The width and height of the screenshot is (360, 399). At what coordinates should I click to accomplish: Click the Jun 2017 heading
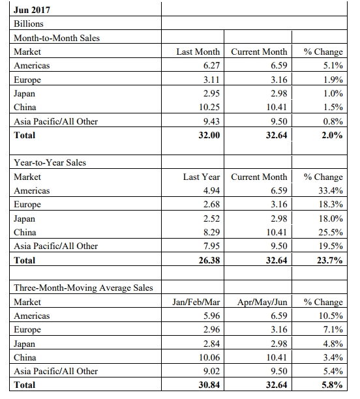click(x=32, y=10)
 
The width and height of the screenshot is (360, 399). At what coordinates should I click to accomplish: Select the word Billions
click(x=29, y=23)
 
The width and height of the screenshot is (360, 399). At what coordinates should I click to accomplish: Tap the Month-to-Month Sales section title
click(x=57, y=38)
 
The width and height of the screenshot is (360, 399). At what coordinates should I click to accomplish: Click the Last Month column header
click(x=198, y=52)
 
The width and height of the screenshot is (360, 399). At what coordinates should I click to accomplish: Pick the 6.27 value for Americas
click(x=211, y=65)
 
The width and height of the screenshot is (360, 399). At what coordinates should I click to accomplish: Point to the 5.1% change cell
click(x=333, y=65)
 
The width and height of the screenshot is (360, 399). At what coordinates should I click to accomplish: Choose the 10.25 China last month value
click(x=209, y=107)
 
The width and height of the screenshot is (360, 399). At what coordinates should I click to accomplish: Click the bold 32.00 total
click(x=209, y=135)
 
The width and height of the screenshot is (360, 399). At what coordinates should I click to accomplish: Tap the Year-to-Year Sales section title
click(x=50, y=162)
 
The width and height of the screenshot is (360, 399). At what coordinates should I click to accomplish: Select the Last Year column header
click(x=202, y=177)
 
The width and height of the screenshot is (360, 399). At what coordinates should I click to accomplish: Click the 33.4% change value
click(x=331, y=190)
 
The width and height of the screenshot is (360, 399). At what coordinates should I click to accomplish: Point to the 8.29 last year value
click(x=211, y=232)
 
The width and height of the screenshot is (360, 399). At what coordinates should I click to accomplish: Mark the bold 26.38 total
click(x=209, y=260)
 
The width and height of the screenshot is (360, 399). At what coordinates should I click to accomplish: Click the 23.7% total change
click(x=330, y=260)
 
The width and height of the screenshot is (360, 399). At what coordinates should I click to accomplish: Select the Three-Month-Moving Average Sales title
click(x=83, y=288)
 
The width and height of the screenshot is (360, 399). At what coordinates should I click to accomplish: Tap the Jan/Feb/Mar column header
click(x=196, y=302)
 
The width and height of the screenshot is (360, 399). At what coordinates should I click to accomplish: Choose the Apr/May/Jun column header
click(x=262, y=302)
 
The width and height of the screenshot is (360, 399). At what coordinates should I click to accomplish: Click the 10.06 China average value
click(x=209, y=357)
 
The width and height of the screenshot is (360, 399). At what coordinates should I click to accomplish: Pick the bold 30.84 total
click(x=209, y=385)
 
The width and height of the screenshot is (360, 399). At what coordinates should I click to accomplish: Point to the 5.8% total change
click(x=332, y=385)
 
